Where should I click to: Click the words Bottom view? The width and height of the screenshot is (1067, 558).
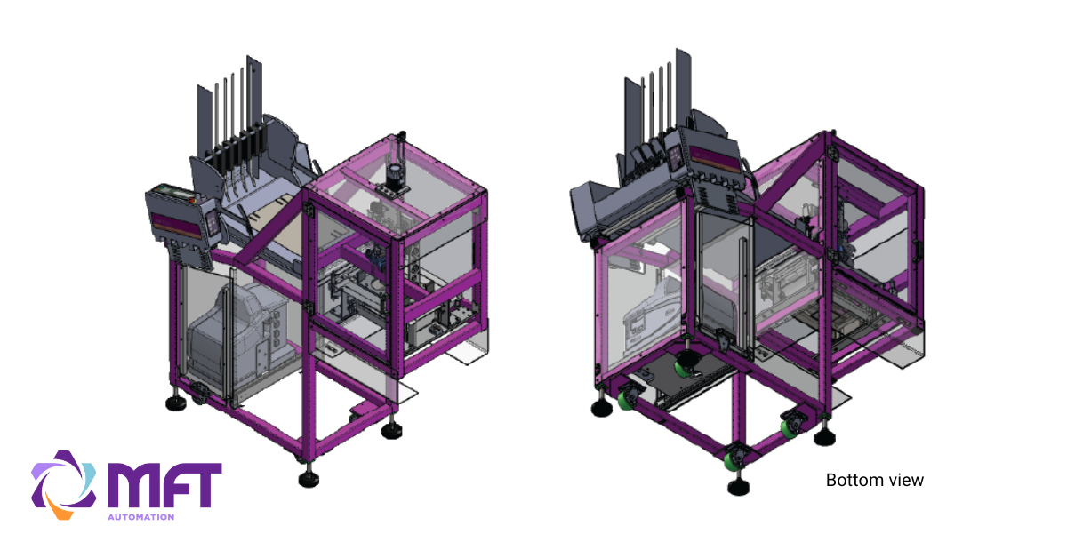click(x=875, y=481)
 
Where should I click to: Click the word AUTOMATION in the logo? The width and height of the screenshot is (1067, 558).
click(x=140, y=516)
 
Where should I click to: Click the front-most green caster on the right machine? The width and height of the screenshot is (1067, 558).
click(x=735, y=461)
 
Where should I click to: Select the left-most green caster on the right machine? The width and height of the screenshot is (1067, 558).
click(x=626, y=400)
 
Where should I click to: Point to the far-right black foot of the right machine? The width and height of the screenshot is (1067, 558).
click(x=826, y=434)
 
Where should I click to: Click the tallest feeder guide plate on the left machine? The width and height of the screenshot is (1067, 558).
click(x=255, y=98)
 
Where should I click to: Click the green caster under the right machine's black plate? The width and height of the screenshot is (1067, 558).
click(x=685, y=365)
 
